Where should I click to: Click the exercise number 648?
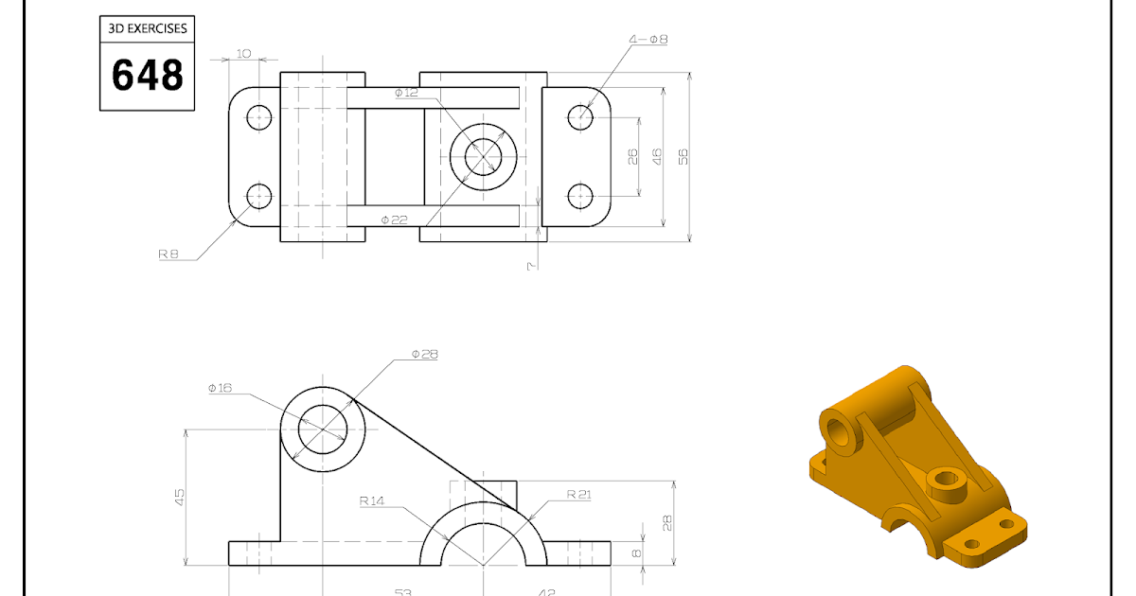(x=147, y=75)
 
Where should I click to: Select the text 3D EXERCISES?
(x=147, y=28)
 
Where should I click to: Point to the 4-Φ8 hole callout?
(x=648, y=40)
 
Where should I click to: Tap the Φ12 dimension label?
(x=405, y=93)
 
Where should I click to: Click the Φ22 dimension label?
(x=394, y=219)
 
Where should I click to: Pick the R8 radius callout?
(x=169, y=254)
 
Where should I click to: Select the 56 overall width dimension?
(x=683, y=156)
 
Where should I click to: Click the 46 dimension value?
(x=657, y=156)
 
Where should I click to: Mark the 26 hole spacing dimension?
(x=632, y=156)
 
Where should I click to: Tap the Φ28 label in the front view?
(x=424, y=355)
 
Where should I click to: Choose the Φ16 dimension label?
(x=220, y=388)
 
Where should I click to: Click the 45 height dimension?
(x=180, y=497)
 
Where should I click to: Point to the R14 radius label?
(x=372, y=501)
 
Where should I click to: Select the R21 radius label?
(x=578, y=494)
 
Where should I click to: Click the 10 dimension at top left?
(x=243, y=54)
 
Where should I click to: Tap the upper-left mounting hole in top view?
(x=259, y=117)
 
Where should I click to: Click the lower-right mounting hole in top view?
(x=580, y=196)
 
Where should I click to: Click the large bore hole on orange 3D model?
(x=840, y=432)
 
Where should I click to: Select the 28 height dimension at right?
(x=667, y=521)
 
